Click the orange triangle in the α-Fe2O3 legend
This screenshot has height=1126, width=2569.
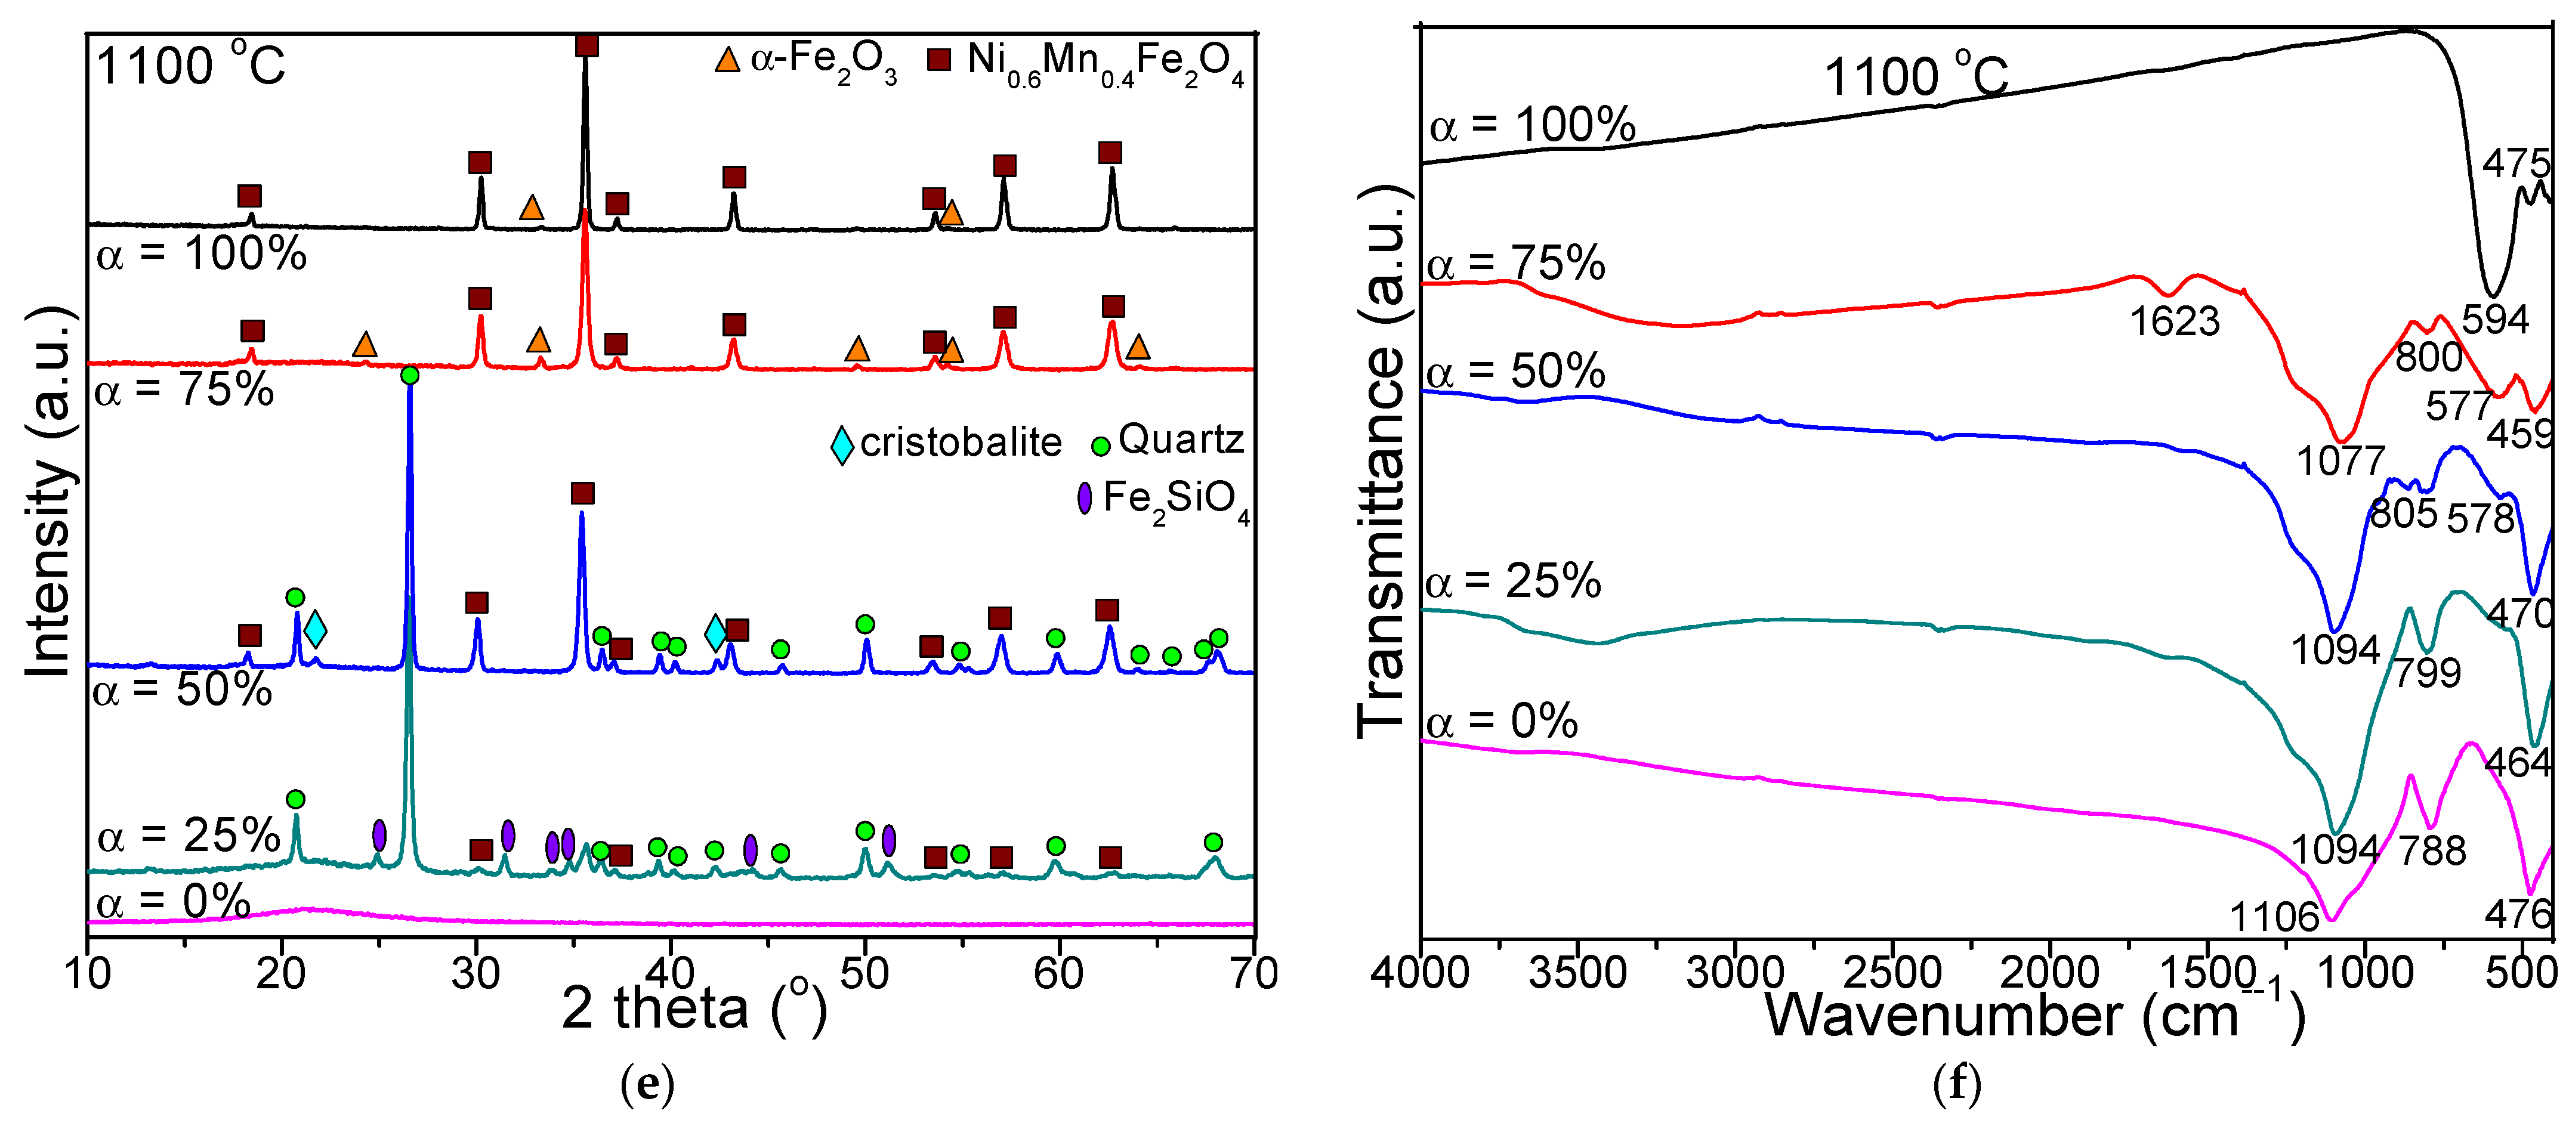(728, 60)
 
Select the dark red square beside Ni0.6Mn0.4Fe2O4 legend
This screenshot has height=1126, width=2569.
(938, 59)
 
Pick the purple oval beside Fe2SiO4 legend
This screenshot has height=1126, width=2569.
(1084, 497)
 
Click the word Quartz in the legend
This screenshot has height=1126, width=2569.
(1181, 440)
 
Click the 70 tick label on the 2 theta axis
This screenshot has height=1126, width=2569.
(1253, 972)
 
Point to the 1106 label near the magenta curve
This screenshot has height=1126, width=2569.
(2274, 915)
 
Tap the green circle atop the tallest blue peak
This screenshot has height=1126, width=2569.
(409, 375)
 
